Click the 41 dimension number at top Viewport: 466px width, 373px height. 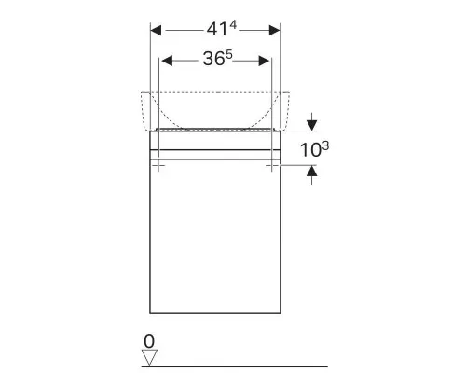click(x=217, y=30)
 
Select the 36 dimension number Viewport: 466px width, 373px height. click(x=213, y=59)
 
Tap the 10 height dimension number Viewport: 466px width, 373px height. click(x=310, y=150)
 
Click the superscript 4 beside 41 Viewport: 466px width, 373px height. click(x=233, y=25)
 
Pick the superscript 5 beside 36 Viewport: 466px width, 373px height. click(x=229, y=55)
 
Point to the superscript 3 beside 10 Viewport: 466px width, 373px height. click(x=325, y=146)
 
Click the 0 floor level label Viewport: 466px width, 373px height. click(x=149, y=341)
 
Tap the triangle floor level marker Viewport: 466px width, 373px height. click(x=149, y=357)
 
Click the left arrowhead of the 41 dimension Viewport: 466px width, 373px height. click(x=156, y=31)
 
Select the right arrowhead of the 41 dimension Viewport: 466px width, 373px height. click(x=275, y=31)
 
